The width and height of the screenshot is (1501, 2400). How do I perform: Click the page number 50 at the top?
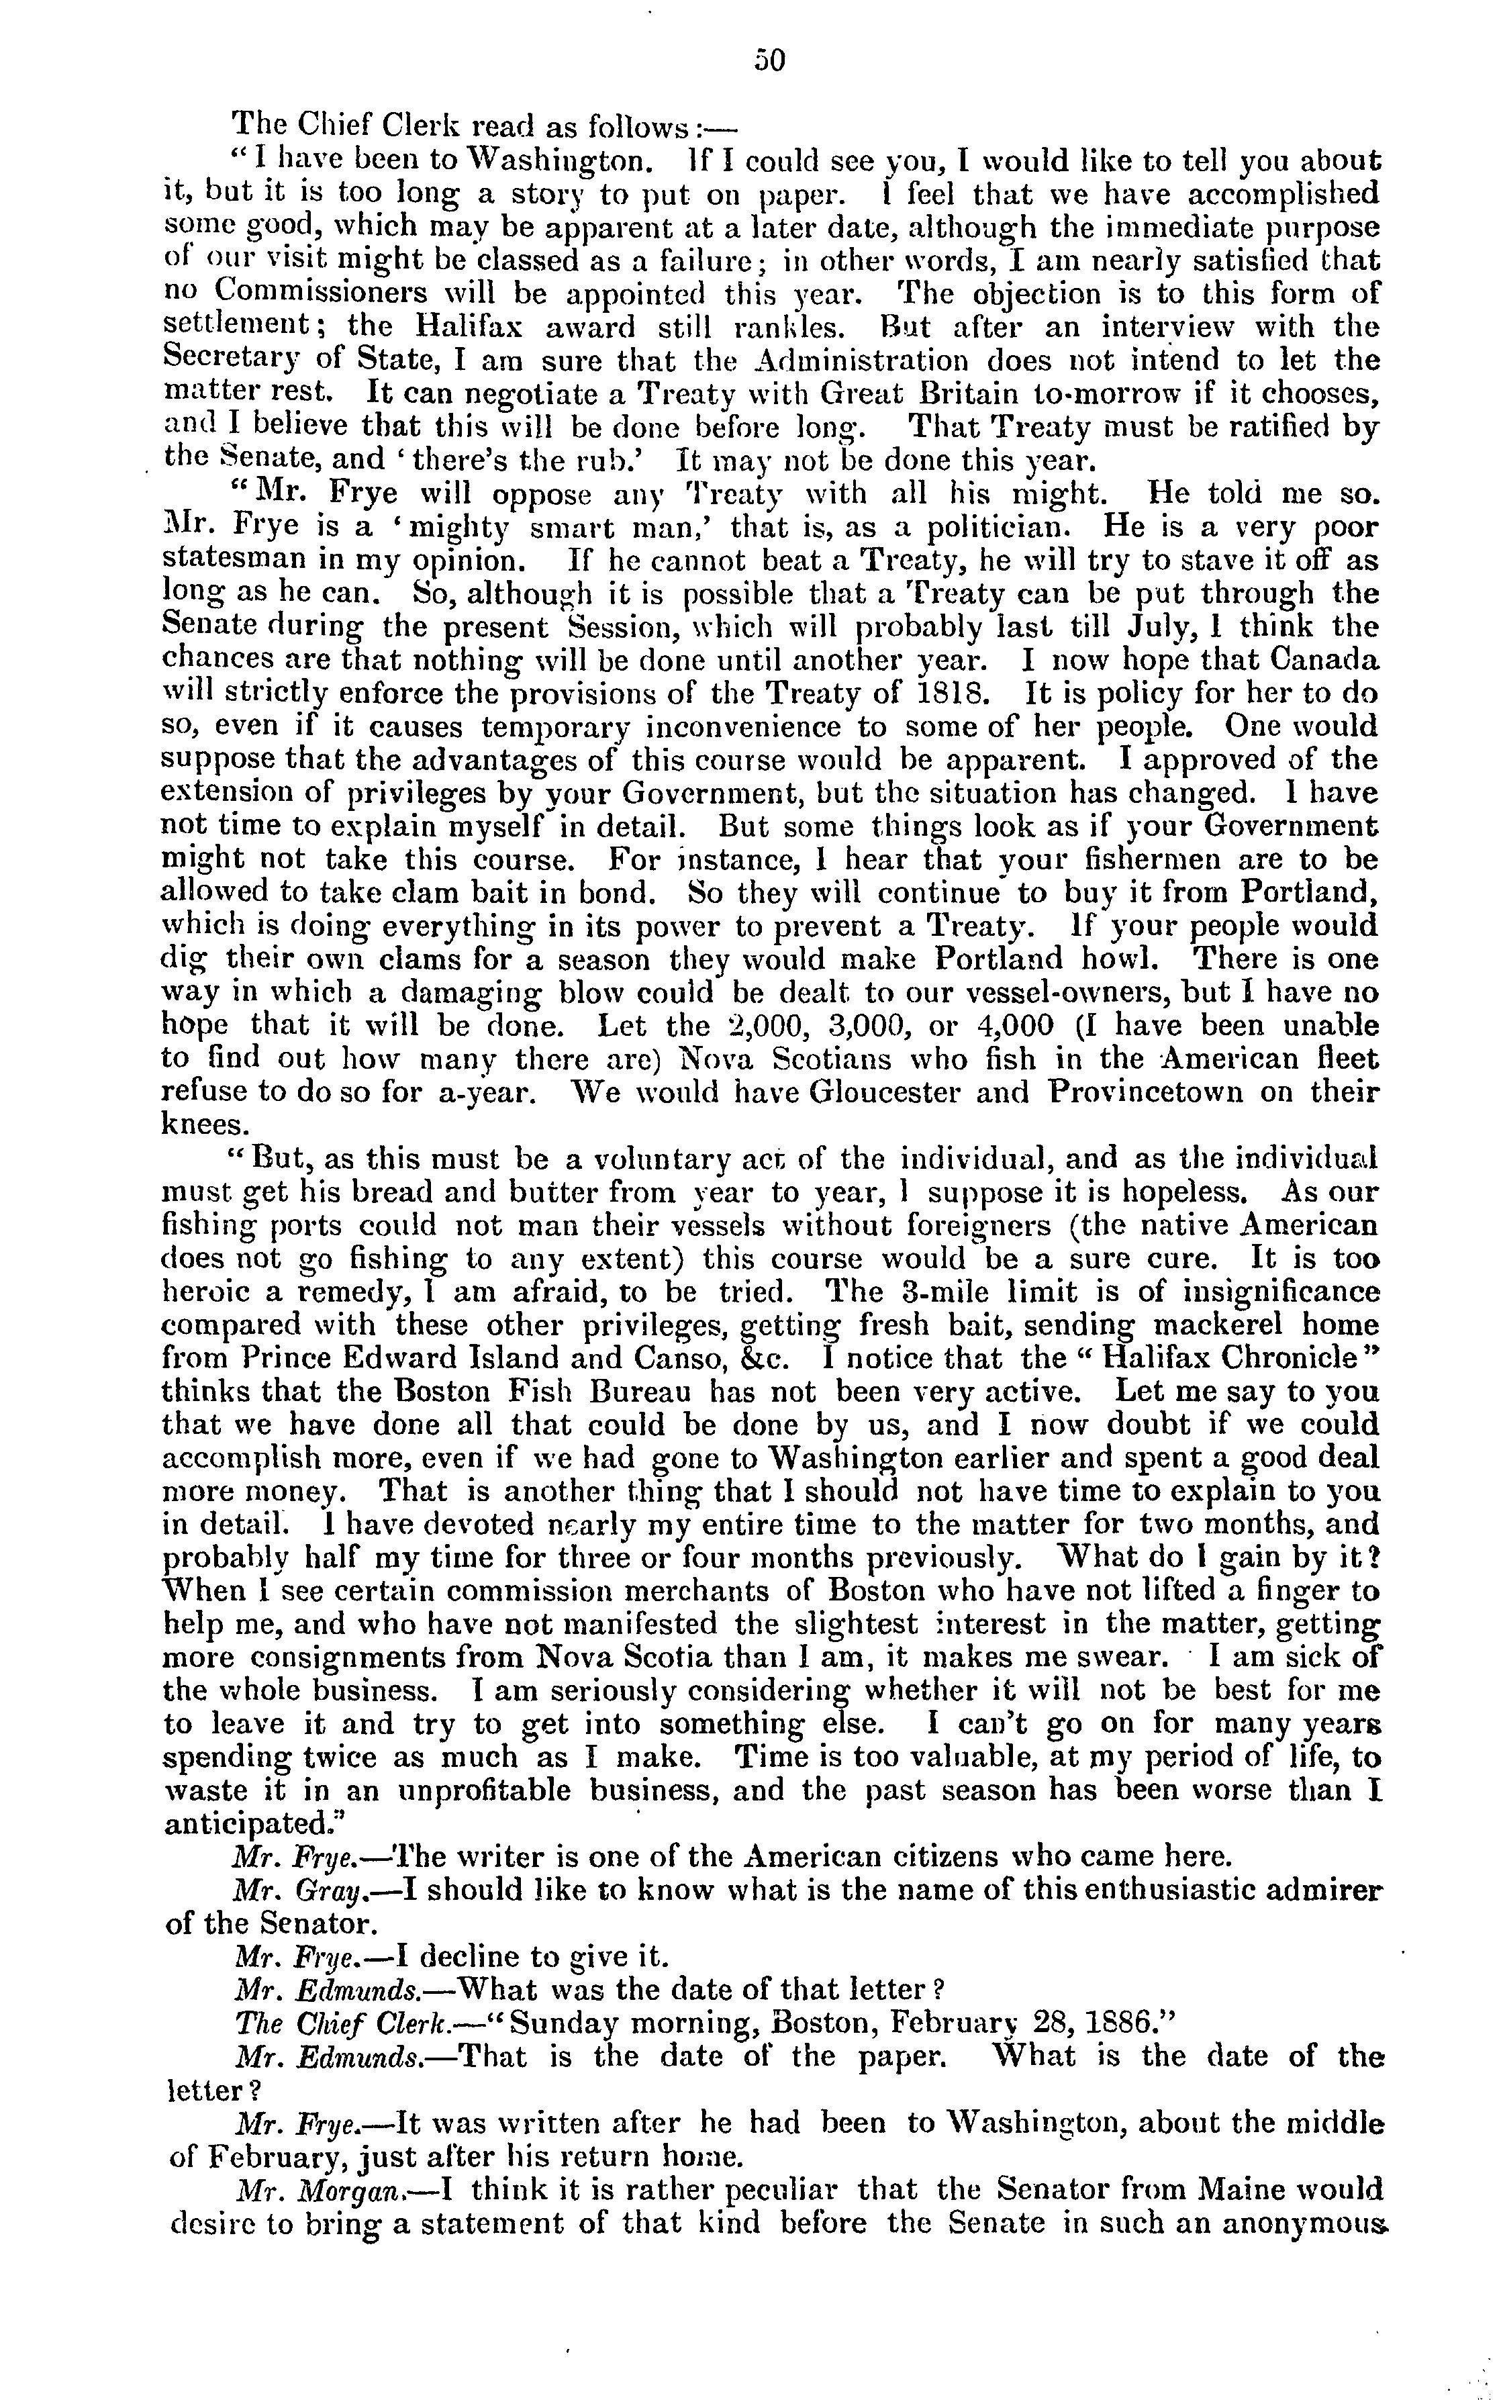pos(769,62)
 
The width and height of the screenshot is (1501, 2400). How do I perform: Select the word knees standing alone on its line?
pos(203,1126)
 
